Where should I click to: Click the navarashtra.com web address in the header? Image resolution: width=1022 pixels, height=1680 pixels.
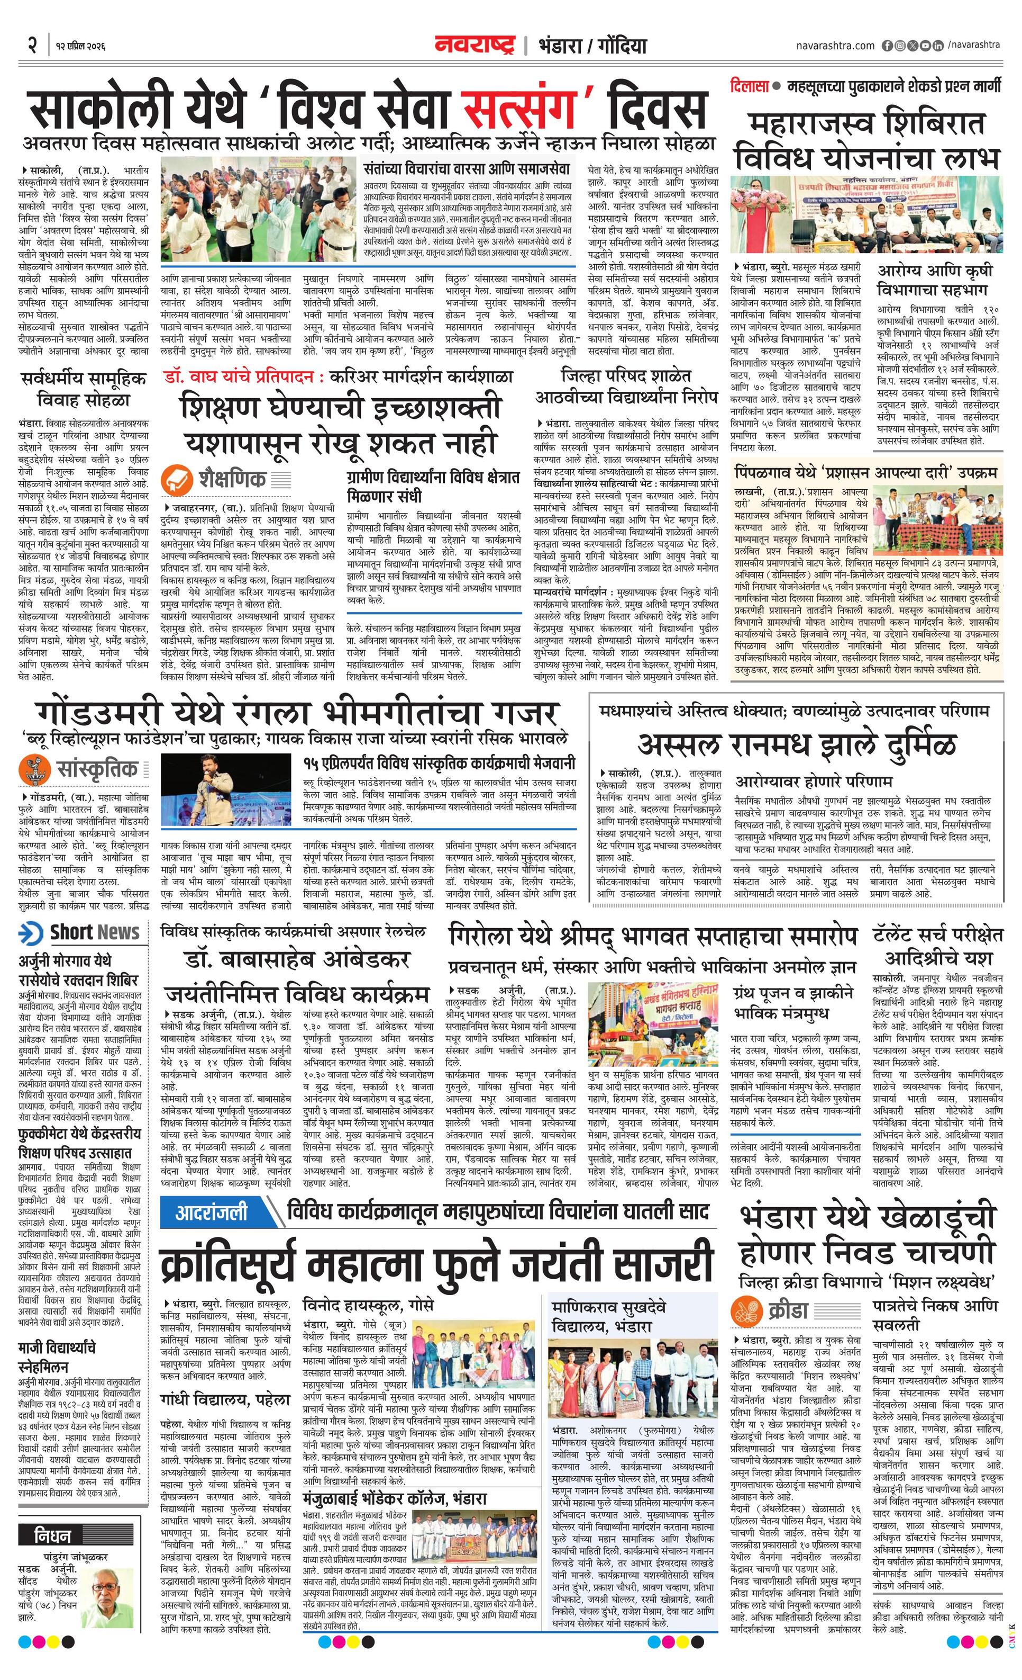pyautogui.click(x=835, y=46)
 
